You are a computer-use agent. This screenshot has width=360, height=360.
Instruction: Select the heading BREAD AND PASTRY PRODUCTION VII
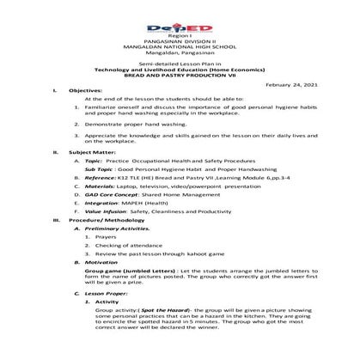180,75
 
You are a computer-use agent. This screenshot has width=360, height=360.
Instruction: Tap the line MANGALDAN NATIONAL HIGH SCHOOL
180,39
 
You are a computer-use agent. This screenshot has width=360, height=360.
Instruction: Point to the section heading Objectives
87,90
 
